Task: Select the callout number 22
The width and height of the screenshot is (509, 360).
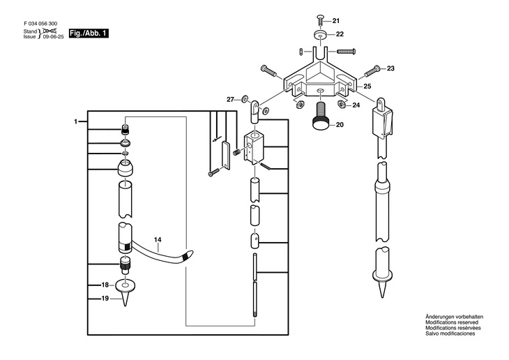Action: (x=340, y=34)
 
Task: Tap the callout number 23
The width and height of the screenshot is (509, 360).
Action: (x=390, y=68)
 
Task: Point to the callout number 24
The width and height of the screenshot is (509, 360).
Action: (x=356, y=105)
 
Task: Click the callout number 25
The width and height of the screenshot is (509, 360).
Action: (x=367, y=87)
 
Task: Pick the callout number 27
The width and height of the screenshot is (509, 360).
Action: (x=231, y=100)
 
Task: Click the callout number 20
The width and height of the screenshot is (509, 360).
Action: (x=340, y=126)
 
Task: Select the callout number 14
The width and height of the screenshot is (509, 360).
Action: (x=158, y=239)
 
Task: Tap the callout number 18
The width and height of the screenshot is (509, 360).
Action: (x=105, y=285)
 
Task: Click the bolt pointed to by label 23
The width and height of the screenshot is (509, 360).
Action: (x=370, y=70)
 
